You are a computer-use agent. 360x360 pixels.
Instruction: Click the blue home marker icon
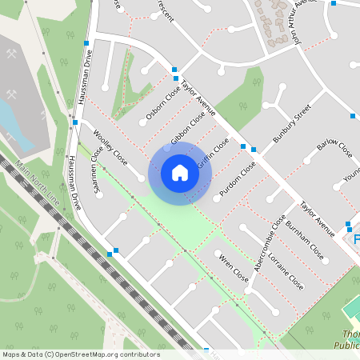[179, 173]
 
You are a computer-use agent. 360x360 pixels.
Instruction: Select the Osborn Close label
[163, 105]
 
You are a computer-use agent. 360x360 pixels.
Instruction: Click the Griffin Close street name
[214, 152]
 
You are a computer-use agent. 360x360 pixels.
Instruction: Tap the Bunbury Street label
[291, 126]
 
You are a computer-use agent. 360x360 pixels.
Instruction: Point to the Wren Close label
[234, 268]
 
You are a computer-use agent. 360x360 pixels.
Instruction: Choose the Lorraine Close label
[286, 271]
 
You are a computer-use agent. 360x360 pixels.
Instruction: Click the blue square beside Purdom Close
[254, 149]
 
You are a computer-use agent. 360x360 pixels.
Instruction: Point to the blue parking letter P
[357, 239]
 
